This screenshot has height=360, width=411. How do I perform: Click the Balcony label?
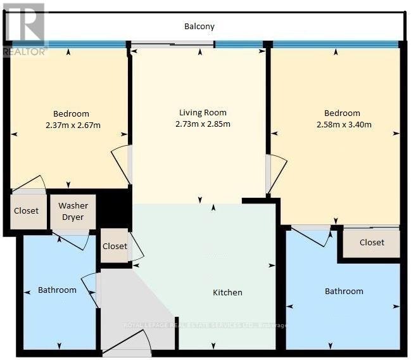199,27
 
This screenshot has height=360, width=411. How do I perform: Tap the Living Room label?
203,113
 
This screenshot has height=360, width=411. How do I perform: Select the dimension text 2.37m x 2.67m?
73,125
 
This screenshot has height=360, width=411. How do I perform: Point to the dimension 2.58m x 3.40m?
344,124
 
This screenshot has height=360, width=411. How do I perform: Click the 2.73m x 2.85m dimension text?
203,124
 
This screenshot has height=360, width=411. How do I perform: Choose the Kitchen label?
227,293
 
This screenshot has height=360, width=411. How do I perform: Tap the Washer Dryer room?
73,212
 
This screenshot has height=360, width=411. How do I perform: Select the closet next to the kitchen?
115,245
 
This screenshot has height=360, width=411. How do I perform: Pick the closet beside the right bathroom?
372,243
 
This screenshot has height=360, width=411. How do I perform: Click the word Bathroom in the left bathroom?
57,290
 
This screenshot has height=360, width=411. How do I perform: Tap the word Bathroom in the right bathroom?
344,292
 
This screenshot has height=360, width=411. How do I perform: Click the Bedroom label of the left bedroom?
71,114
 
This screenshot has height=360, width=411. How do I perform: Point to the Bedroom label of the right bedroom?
342,113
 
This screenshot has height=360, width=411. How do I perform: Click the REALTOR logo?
24,29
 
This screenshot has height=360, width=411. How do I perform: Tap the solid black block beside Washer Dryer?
113,209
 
